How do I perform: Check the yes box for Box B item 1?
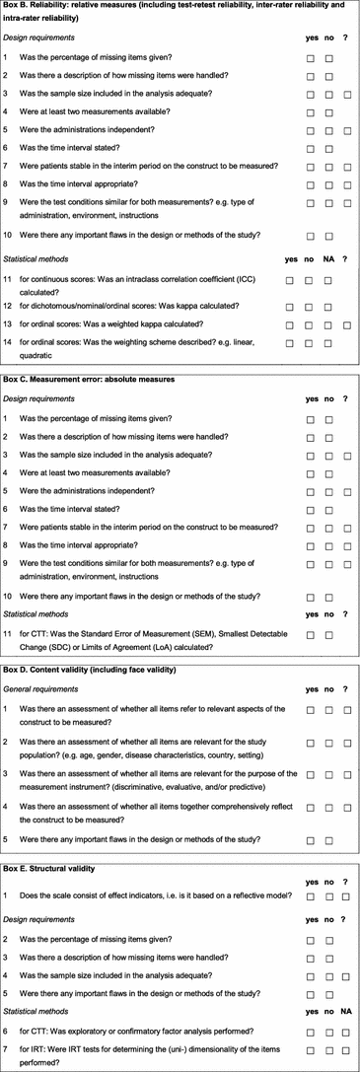[x=311, y=59]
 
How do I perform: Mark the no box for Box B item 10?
[x=329, y=237]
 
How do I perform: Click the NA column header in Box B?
[x=329, y=260]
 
